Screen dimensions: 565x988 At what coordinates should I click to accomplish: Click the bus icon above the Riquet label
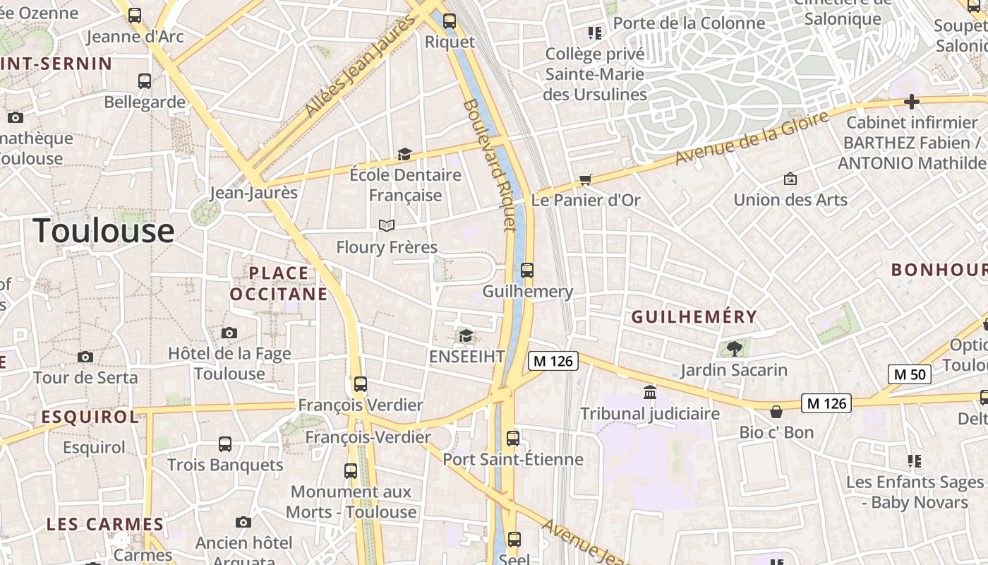pos(450,21)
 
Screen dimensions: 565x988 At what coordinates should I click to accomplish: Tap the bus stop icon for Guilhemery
pos(526,270)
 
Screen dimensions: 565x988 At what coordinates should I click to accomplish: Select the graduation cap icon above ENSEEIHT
pos(466,335)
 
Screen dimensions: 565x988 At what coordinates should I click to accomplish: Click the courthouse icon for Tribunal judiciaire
pos(650,392)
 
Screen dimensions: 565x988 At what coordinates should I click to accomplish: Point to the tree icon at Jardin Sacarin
pos(734,347)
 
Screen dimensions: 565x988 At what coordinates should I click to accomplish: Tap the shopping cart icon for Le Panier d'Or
pos(585,179)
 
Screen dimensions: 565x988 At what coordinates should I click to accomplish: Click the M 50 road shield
pos(909,374)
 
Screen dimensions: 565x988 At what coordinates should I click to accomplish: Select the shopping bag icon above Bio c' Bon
pos(776,411)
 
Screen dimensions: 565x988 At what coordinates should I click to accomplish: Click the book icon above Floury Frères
pos(386,225)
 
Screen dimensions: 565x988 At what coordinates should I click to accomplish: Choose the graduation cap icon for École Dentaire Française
pos(404,154)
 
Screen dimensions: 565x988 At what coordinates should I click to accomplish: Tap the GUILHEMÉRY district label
pos(694,317)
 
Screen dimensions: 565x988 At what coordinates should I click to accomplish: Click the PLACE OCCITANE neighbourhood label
pos(279,283)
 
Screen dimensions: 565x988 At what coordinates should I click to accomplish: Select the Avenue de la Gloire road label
pos(752,138)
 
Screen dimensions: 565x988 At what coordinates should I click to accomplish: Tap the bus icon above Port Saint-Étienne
pos(513,438)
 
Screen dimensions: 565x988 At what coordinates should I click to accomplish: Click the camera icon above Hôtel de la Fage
pos(229,333)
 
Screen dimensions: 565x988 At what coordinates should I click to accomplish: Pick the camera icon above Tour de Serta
pos(85,357)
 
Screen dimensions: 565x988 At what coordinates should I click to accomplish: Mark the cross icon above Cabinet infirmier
pos(911,102)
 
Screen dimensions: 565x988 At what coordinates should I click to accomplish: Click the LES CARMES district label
pos(105,525)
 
